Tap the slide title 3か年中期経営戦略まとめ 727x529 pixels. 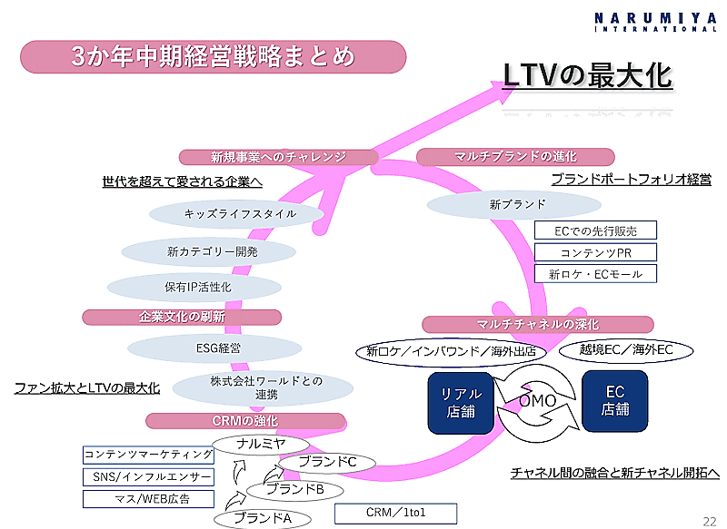coord(212,57)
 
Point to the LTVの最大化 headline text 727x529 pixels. coord(587,75)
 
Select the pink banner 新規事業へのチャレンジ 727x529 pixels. coord(278,157)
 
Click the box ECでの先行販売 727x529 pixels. coord(596,231)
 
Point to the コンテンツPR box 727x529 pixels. coord(595,252)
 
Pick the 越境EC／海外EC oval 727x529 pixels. coord(625,349)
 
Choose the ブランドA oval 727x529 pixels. coord(262,518)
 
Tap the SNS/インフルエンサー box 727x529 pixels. coord(148,476)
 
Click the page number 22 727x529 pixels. coord(709,520)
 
